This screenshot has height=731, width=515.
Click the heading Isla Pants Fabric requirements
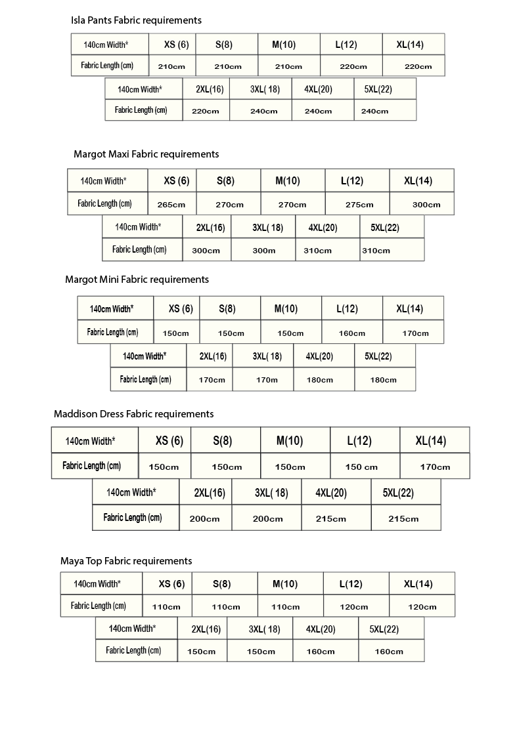click(136, 20)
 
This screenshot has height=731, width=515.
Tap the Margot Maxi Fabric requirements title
click(146, 154)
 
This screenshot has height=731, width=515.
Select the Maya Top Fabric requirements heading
click(126, 561)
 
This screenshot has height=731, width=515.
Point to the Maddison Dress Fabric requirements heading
click(133, 414)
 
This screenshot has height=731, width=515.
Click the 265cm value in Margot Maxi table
click(171, 205)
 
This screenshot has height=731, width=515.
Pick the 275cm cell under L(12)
click(359, 205)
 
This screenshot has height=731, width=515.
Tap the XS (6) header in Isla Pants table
click(176, 45)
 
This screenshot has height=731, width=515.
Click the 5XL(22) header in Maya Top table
click(384, 629)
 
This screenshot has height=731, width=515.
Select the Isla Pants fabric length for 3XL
click(263, 112)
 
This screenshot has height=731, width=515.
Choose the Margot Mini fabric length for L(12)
click(351, 333)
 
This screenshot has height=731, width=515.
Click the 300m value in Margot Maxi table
click(263, 251)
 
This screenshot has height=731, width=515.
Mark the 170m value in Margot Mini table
click(266, 380)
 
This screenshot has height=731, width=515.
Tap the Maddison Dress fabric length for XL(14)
click(435, 467)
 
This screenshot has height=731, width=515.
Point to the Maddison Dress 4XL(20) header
click(331, 493)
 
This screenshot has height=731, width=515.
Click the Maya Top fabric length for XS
click(166, 607)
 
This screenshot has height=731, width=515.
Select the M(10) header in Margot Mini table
click(286, 309)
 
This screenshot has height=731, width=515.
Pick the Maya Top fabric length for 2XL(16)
click(201, 652)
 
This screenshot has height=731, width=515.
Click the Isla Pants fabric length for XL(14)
click(418, 66)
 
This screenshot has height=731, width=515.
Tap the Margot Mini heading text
click(137, 280)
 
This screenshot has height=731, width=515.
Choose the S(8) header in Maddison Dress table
click(222, 441)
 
